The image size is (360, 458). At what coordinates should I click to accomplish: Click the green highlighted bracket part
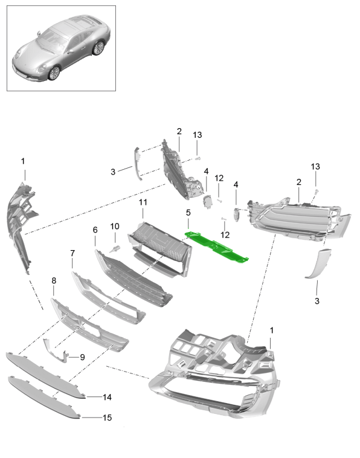tap(216, 247)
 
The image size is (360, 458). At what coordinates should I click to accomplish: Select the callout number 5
tap(188, 213)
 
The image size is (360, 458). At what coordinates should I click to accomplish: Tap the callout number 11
tap(143, 202)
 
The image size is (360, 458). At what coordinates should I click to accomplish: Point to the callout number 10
tap(115, 226)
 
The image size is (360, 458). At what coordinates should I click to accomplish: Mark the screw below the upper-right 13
tap(317, 192)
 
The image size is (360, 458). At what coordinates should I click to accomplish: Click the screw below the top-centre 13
tap(198, 158)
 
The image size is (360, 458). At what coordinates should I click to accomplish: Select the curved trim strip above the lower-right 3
tap(318, 262)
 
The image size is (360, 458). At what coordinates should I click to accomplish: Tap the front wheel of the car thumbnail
tap(54, 73)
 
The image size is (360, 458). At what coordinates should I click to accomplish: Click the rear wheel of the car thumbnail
tap(98, 48)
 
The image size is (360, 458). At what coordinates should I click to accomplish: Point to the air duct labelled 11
tap(159, 248)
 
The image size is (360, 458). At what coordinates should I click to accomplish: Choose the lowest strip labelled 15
tap(44, 398)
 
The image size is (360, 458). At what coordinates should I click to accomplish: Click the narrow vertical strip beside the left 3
tap(138, 164)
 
